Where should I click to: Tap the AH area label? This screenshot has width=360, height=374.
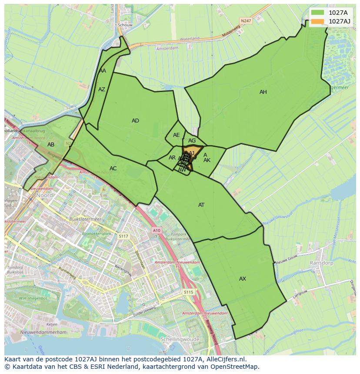(263, 92)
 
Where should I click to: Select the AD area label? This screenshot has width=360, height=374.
(135, 121)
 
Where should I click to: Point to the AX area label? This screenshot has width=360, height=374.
(243, 279)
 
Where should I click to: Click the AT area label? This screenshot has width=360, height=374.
(201, 205)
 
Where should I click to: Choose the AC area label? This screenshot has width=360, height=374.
(113, 169)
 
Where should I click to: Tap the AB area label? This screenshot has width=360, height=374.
(51, 145)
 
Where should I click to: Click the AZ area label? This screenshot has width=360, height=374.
(102, 89)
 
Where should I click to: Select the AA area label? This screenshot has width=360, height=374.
(103, 71)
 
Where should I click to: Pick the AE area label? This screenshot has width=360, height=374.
(176, 135)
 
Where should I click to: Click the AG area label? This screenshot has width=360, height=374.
(192, 141)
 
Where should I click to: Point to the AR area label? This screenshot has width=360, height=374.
(172, 158)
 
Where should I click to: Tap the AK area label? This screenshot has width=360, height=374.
(207, 160)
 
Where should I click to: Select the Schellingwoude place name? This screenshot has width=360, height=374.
(180, 339)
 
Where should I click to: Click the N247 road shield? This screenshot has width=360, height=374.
(246, 20)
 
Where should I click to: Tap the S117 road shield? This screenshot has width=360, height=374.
(123, 236)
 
